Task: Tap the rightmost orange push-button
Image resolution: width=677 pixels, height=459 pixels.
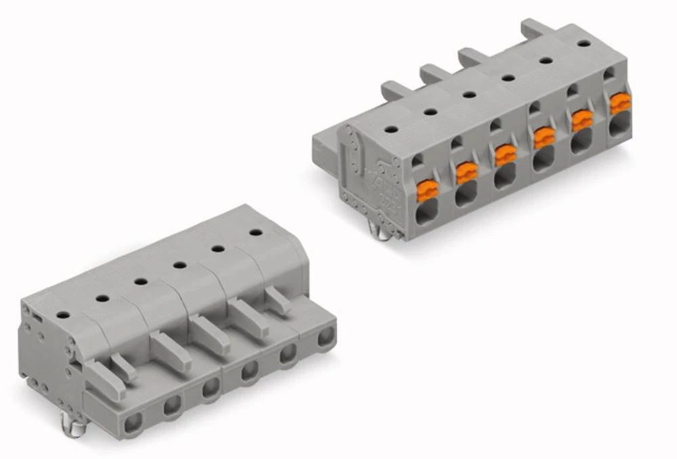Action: (x=619, y=104)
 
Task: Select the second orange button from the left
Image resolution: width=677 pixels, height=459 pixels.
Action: (x=466, y=173)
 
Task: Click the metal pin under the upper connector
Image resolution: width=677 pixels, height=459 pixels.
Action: (x=383, y=233)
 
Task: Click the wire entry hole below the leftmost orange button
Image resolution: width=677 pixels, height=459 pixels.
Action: (x=427, y=216)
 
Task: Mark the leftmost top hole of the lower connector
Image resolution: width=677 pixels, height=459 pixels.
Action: (x=62, y=315)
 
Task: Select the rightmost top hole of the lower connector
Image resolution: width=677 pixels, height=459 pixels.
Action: (x=255, y=233)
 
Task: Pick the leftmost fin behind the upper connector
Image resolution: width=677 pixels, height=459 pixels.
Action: (x=391, y=88)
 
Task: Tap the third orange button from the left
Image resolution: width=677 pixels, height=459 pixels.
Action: (x=505, y=156)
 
